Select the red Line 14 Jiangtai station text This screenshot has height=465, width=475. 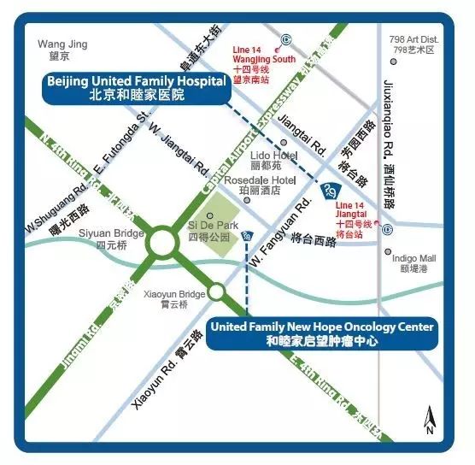[x=357, y=217]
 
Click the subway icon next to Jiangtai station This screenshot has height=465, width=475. [x=387, y=228]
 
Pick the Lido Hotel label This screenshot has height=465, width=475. [x=273, y=160]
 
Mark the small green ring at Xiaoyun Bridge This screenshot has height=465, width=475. [x=217, y=292]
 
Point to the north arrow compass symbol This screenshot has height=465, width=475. [x=431, y=421]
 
